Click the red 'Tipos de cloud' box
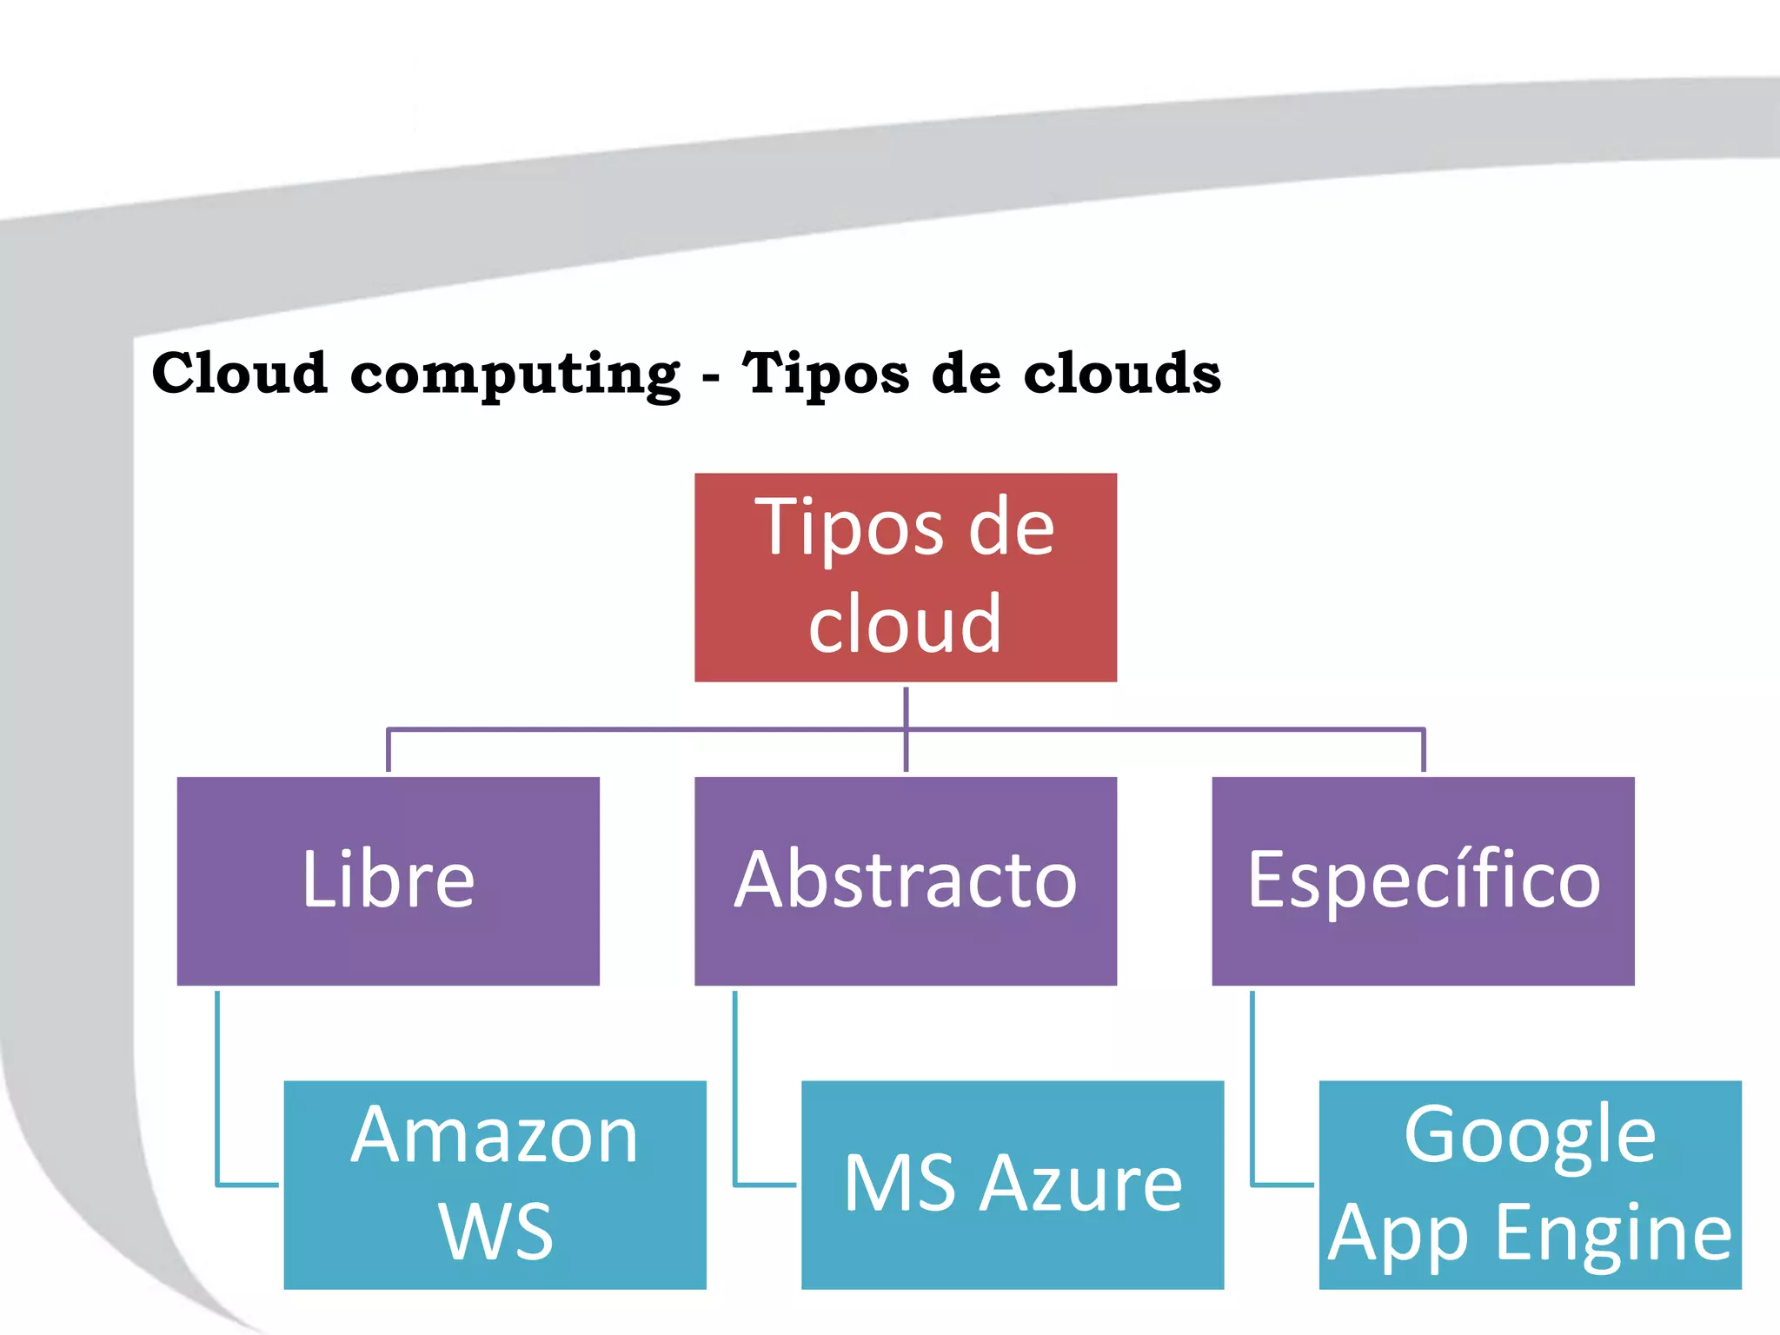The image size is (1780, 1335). (x=905, y=576)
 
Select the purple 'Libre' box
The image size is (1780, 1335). (x=388, y=880)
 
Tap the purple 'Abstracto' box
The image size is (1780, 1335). (x=905, y=880)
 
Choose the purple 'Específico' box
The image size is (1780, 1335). (x=1423, y=880)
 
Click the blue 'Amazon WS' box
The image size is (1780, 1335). (x=495, y=1184)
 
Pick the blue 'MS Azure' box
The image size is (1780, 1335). (x=1012, y=1184)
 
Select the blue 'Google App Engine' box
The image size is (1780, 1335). (x=1530, y=1184)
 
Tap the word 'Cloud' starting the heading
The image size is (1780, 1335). (x=239, y=374)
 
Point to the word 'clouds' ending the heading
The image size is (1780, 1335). (x=1121, y=374)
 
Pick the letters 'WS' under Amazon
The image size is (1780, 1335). (x=495, y=1232)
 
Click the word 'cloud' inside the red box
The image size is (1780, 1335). (x=905, y=624)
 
